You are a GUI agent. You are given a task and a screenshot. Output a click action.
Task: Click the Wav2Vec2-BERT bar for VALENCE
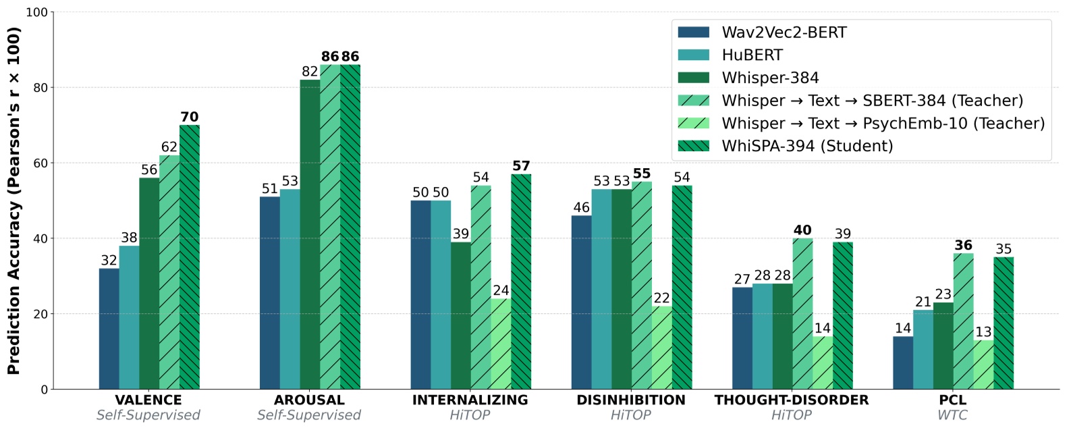tap(109, 329)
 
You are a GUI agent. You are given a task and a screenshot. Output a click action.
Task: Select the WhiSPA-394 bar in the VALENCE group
tap(189, 257)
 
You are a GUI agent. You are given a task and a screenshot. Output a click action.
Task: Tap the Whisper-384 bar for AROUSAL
tap(310, 234)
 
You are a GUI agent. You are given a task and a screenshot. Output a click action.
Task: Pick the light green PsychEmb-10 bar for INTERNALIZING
tap(501, 344)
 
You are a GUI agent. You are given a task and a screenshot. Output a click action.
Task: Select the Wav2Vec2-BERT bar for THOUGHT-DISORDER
tap(742, 338)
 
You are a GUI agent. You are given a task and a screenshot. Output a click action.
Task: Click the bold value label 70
tap(189, 117)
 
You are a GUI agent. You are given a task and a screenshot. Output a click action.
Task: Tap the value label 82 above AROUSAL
tap(310, 72)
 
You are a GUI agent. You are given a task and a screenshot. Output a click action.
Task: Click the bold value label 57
tap(521, 166)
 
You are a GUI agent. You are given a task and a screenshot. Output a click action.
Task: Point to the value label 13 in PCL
tap(983, 332)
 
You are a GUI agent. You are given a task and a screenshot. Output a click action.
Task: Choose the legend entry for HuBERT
tap(752, 55)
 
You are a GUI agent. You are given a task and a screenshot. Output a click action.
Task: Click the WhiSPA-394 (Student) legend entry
tap(806, 146)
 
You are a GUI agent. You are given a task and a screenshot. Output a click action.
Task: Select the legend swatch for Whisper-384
tap(693, 78)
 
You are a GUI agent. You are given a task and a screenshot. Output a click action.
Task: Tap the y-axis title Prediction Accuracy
tap(13, 200)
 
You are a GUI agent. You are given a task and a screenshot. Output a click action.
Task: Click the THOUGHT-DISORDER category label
tap(791, 400)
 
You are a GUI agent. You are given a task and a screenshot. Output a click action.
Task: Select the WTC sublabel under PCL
tap(952, 415)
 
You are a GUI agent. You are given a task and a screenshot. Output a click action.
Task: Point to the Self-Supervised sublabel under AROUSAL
tap(309, 415)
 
